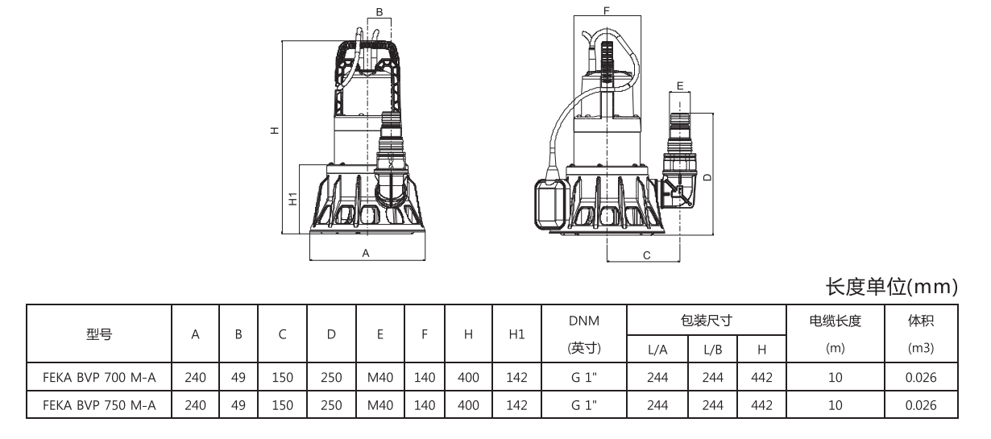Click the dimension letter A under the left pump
(x=365, y=253)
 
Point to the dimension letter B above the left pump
(x=379, y=12)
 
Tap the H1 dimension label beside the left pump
(x=294, y=198)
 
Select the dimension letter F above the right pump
(x=606, y=10)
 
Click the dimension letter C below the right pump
(x=645, y=255)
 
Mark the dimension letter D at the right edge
(x=706, y=176)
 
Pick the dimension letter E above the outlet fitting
(x=680, y=85)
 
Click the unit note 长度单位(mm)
(x=892, y=286)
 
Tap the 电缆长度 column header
(x=835, y=321)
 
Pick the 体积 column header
(x=921, y=321)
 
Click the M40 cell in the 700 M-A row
(x=379, y=376)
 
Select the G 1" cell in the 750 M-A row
(x=583, y=405)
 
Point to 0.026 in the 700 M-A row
(x=921, y=376)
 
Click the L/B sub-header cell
(x=712, y=349)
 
